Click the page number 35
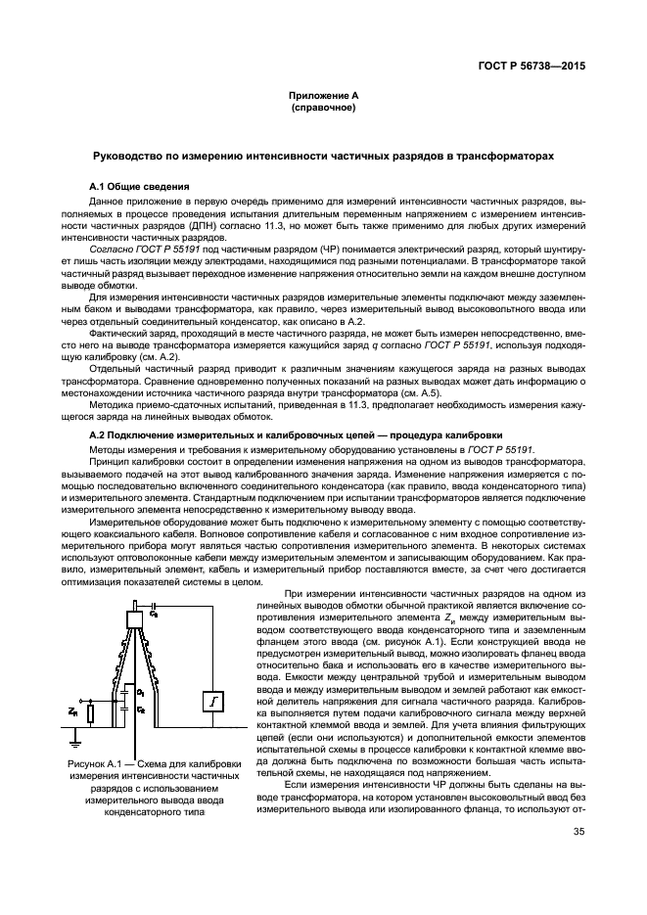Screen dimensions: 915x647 pyautogui.click(x=578, y=834)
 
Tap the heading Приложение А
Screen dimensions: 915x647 pyautogui.click(x=323, y=96)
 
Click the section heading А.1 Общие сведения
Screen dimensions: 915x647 pyautogui.click(x=139, y=186)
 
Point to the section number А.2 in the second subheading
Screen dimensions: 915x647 pyautogui.click(x=97, y=434)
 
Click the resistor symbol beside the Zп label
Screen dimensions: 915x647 pyautogui.click(x=90, y=713)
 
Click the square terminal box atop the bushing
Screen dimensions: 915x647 pyautogui.click(x=134, y=618)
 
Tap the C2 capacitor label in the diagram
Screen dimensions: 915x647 pyautogui.click(x=140, y=708)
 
